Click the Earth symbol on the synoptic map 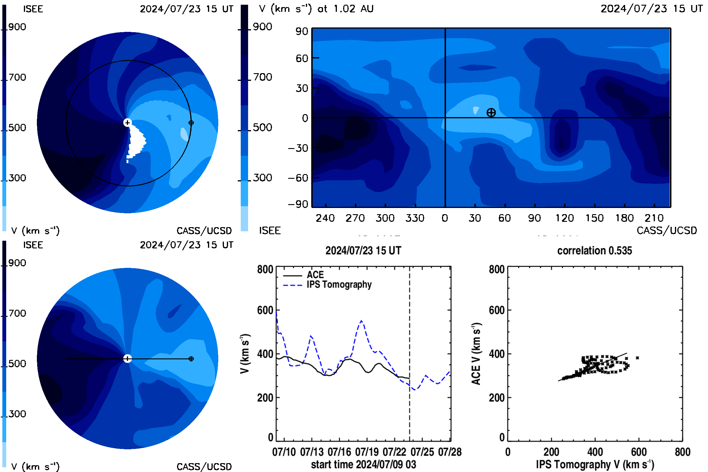tap(491, 113)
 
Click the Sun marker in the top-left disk tap(127, 122)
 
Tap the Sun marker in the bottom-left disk tap(127, 358)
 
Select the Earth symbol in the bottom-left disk tap(191, 359)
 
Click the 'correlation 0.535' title tap(594, 250)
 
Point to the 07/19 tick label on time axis tap(367, 452)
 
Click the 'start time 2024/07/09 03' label tap(364, 464)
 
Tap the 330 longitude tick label tap(415, 218)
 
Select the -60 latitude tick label tap(298, 178)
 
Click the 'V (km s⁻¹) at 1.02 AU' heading tap(316, 9)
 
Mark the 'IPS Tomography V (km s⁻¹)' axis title tap(595, 464)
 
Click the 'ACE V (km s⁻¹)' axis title tap(476, 354)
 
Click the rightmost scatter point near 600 tap(637, 358)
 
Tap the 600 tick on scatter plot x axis tap(639, 452)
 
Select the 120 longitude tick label tap(564, 218)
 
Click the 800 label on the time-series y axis tap(265, 269)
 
